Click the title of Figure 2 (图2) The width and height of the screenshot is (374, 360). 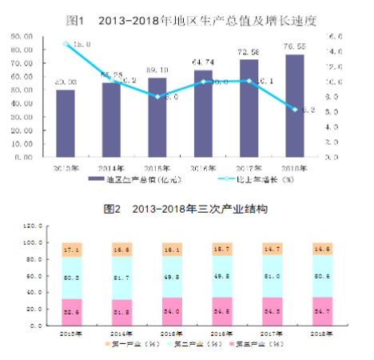tap(185, 209)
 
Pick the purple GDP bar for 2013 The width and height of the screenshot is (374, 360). tap(66, 124)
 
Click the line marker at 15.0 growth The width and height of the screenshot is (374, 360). tap(66, 43)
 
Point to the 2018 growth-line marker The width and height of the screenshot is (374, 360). tap(294, 109)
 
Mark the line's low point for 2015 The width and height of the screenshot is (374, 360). tap(157, 97)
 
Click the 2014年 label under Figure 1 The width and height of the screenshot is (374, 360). tap(111, 167)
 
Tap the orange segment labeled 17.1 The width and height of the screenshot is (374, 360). tap(72, 250)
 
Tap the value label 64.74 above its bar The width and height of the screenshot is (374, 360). tap(204, 62)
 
